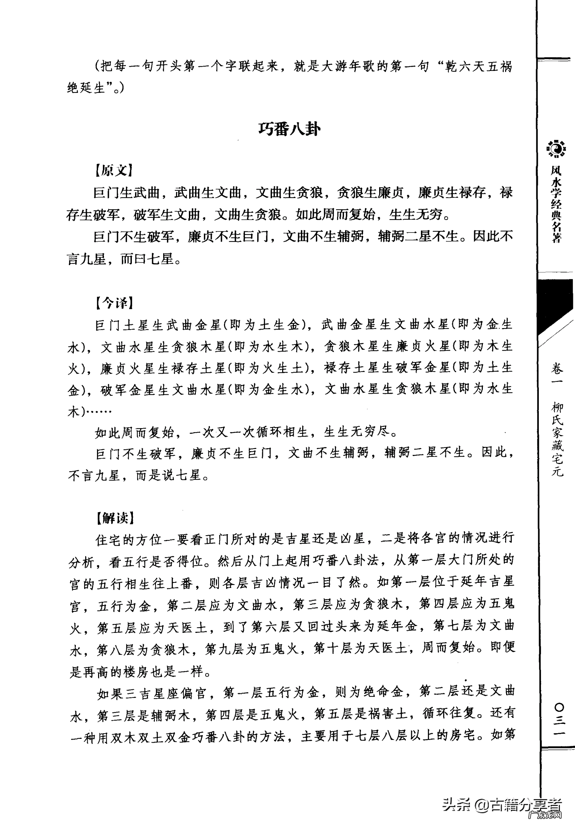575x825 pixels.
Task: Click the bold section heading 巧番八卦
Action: (x=289, y=129)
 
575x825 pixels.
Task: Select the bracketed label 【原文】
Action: (x=114, y=170)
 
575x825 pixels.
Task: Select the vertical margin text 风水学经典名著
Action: (x=556, y=204)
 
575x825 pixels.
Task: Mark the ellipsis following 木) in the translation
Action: (x=99, y=411)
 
